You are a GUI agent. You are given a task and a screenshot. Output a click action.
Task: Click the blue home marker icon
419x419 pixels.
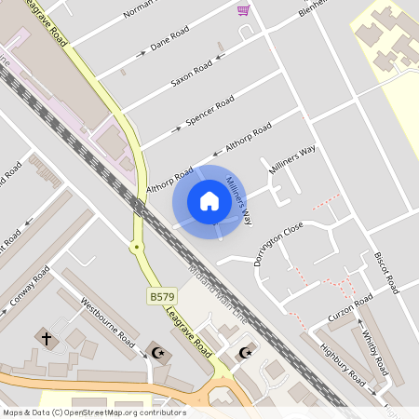(x=209, y=201)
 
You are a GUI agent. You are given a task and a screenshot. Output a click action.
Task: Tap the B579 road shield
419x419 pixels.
(x=161, y=296)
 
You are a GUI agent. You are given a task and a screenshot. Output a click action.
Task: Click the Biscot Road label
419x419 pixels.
(x=385, y=268)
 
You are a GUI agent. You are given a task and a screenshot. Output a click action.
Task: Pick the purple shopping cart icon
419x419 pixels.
(x=243, y=10)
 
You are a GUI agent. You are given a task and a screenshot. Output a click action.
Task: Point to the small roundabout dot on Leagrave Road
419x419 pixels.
(x=137, y=247)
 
